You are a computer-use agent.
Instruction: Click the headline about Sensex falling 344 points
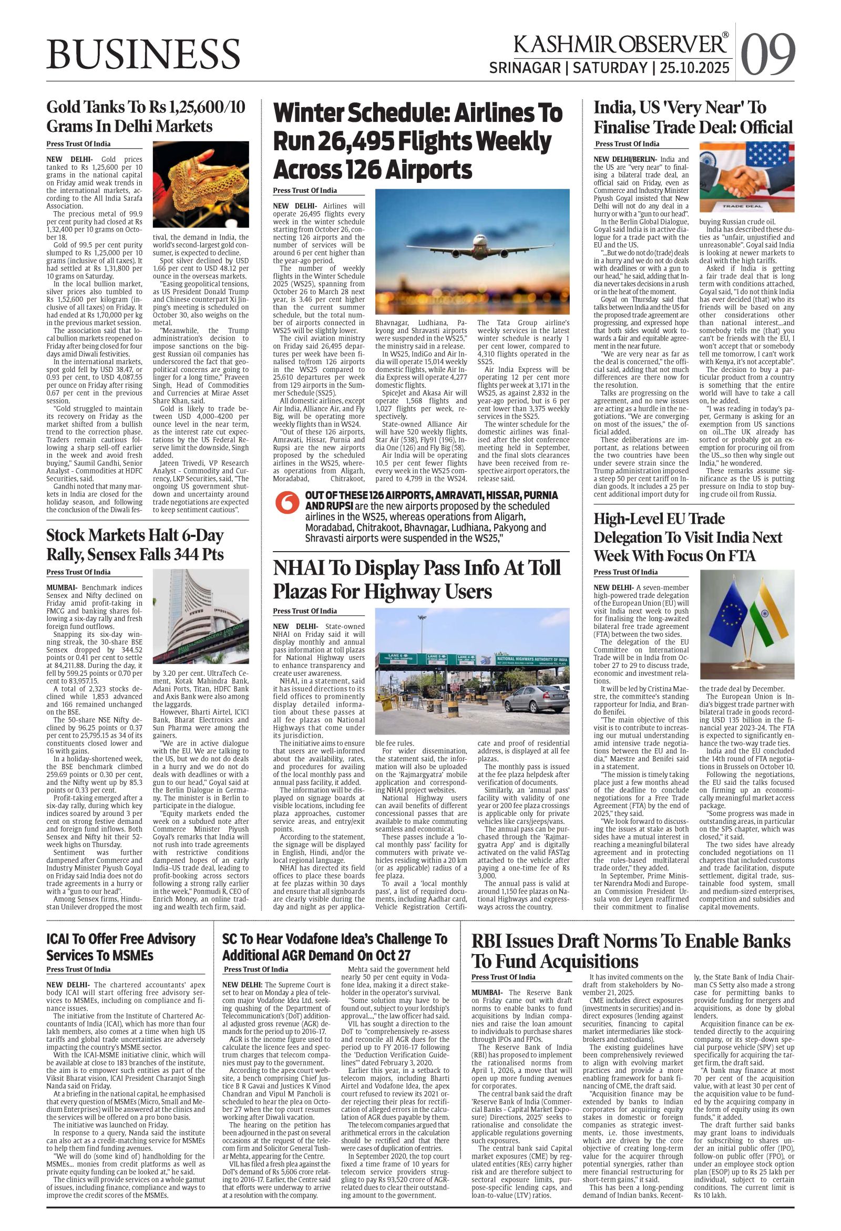(x=135, y=544)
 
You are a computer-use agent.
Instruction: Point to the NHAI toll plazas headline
(x=416, y=579)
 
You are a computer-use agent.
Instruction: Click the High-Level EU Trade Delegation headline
(x=688, y=536)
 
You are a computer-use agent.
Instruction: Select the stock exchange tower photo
(x=201, y=620)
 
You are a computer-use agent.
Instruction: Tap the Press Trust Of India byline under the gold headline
(x=78, y=144)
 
